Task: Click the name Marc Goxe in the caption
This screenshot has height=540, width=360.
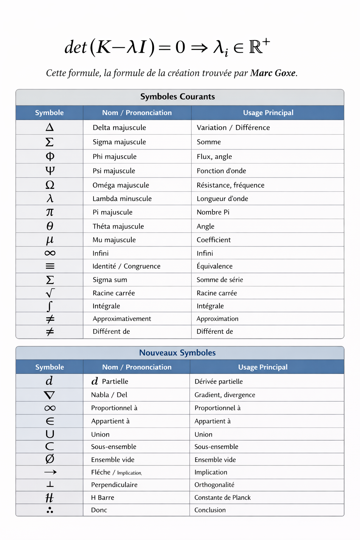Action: [x=273, y=73]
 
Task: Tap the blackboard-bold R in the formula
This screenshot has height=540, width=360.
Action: [x=256, y=47]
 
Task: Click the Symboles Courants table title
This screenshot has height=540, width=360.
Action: [x=178, y=97]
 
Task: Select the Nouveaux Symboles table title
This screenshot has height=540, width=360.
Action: [x=178, y=353]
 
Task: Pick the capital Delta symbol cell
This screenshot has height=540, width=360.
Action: [x=50, y=127]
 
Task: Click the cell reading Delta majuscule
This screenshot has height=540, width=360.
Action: [x=119, y=128]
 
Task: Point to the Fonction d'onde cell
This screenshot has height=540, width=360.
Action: [x=221, y=171]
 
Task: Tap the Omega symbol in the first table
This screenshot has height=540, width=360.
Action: [x=50, y=185]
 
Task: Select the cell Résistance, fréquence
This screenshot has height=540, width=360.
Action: [x=230, y=185]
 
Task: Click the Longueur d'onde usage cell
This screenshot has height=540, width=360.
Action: [x=222, y=199]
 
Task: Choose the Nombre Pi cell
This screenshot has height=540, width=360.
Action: [x=213, y=212]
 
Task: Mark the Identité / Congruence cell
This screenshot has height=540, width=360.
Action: [x=126, y=266]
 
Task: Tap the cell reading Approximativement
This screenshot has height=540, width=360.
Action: [x=122, y=319]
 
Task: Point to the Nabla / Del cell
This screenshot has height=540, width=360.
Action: [x=109, y=395]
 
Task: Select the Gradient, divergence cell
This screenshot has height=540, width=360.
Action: [x=225, y=395]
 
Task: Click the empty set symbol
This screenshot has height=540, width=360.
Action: [x=50, y=459]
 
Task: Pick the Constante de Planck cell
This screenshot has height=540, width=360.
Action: [x=223, y=497]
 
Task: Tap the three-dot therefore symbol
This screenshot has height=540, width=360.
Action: [x=50, y=510]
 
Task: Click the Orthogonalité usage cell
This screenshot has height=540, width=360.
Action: [x=214, y=485]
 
